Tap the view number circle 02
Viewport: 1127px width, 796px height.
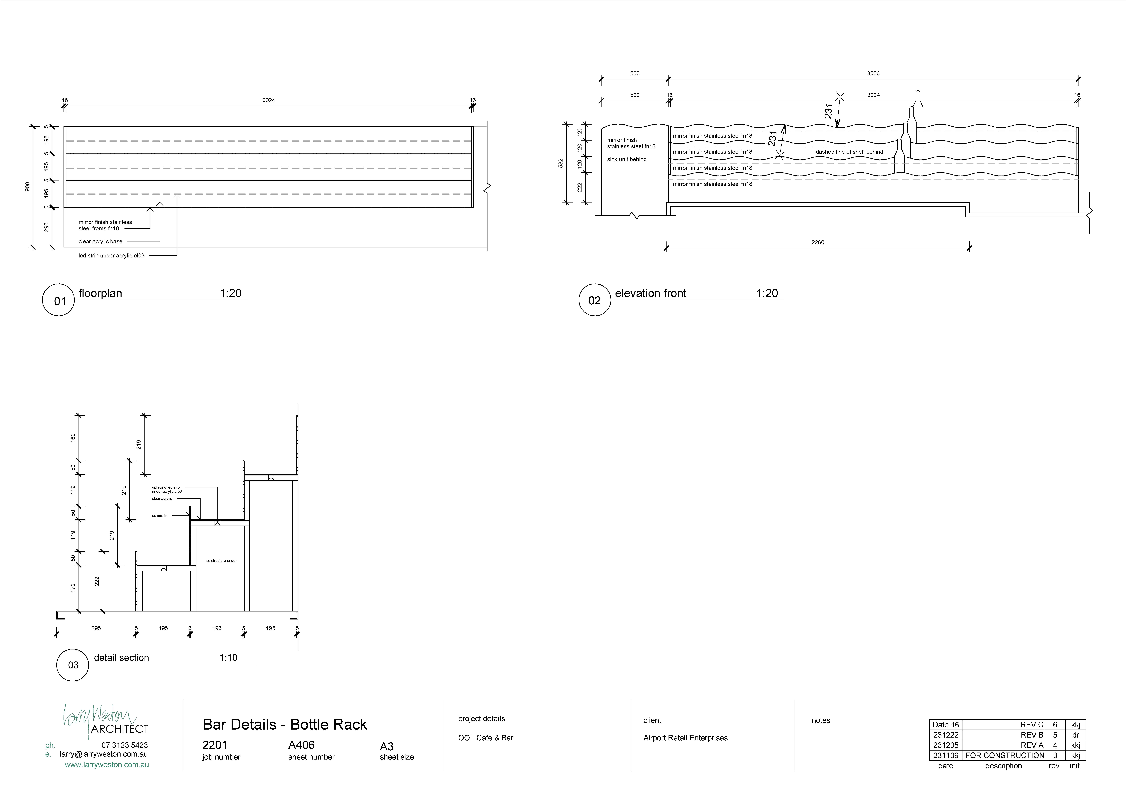594,300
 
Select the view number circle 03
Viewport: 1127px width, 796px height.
73,665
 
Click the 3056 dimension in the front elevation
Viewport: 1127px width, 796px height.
873,74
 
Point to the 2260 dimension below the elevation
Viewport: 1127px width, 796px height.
818,242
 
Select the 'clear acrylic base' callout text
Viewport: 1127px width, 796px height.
101,241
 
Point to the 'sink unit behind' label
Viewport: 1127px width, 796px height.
627,159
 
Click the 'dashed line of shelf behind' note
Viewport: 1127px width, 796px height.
849,152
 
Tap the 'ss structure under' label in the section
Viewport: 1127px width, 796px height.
221,561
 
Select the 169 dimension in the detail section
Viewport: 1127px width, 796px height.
73,437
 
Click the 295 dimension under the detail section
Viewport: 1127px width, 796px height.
96,628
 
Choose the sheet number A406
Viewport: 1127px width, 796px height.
301,745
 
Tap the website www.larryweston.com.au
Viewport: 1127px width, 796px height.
107,765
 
